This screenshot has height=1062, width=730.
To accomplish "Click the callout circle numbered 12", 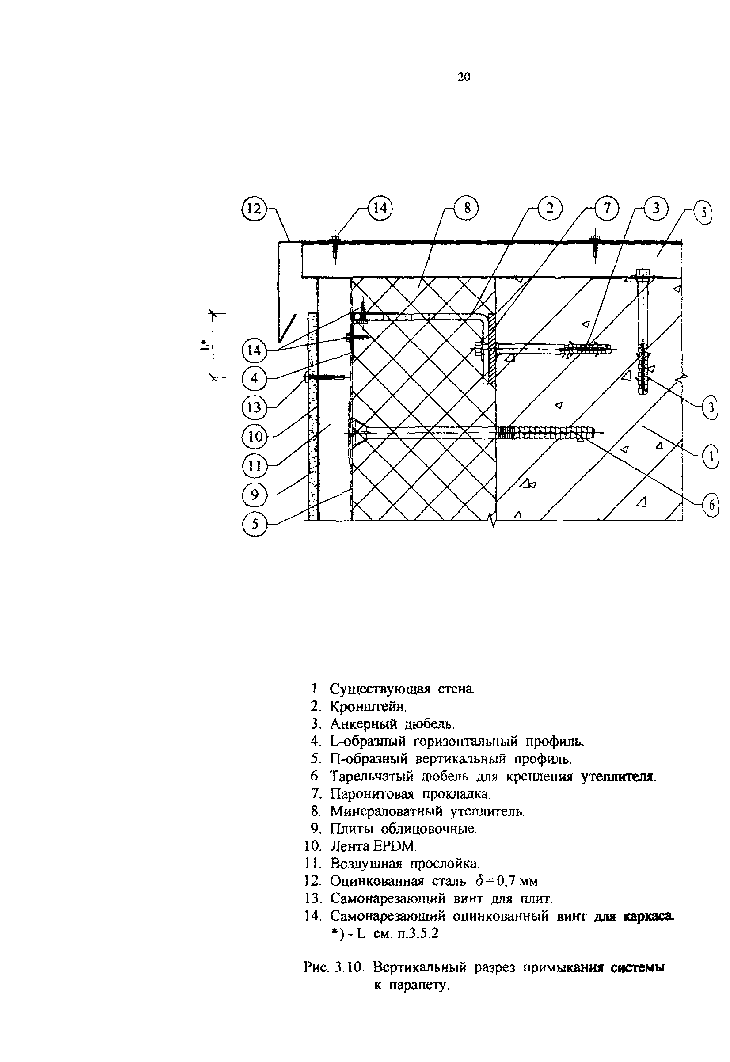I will (253, 209).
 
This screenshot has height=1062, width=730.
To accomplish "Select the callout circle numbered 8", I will (467, 208).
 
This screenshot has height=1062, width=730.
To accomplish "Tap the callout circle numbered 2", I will (549, 208).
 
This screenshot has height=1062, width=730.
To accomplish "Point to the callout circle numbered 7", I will (607, 208).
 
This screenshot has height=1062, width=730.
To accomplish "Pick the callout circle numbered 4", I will (254, 378).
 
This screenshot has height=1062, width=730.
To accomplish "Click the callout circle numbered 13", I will (254, 407).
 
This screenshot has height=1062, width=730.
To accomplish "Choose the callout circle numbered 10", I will (254, 437).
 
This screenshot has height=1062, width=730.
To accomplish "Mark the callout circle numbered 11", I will (254, 466).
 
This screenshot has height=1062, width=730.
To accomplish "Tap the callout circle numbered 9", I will (254, 495).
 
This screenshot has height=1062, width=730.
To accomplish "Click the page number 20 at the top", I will (464, 77).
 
